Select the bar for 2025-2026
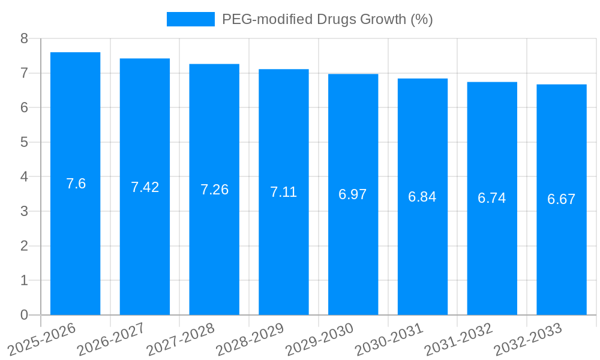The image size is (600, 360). point(75,184)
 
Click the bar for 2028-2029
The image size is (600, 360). point(284,192)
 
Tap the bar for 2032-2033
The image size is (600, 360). point(561,200)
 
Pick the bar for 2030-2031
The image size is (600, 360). point(422,197)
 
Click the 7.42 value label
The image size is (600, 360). point(145,187)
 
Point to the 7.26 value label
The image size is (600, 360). point(214,190)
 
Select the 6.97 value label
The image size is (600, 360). point(353,194)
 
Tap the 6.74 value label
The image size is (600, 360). point(492,198)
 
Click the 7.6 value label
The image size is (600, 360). point(76,184)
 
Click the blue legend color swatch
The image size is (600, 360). point(190,19)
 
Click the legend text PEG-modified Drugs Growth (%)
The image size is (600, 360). point(327,19)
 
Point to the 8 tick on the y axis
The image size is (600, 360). point(24,38)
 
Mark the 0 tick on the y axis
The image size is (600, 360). point(24,315)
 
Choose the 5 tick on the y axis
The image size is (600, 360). point(24,142)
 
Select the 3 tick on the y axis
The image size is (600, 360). point(24,211)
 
